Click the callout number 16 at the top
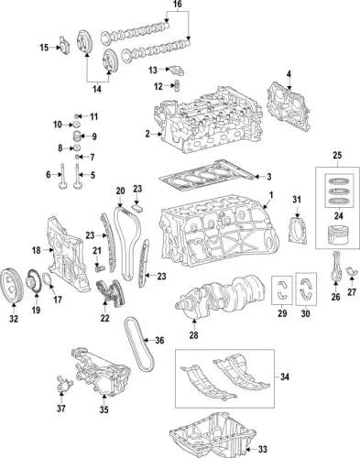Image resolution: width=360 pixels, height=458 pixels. click(177, 4)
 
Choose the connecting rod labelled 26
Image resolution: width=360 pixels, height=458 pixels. click(336, 267)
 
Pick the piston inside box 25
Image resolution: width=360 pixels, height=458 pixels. click(337, 234)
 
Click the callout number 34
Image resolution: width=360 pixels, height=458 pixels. click(285, 377)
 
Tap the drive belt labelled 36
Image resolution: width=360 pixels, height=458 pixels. click(139, 343)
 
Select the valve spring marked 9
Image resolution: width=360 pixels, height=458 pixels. click(77, 136)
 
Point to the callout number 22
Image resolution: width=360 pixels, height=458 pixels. click(104, 318)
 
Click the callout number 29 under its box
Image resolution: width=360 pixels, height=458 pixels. click(282, 313)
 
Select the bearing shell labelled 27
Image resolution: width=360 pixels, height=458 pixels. click(351, 271)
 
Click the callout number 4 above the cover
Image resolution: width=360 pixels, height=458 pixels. click(289, 74)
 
